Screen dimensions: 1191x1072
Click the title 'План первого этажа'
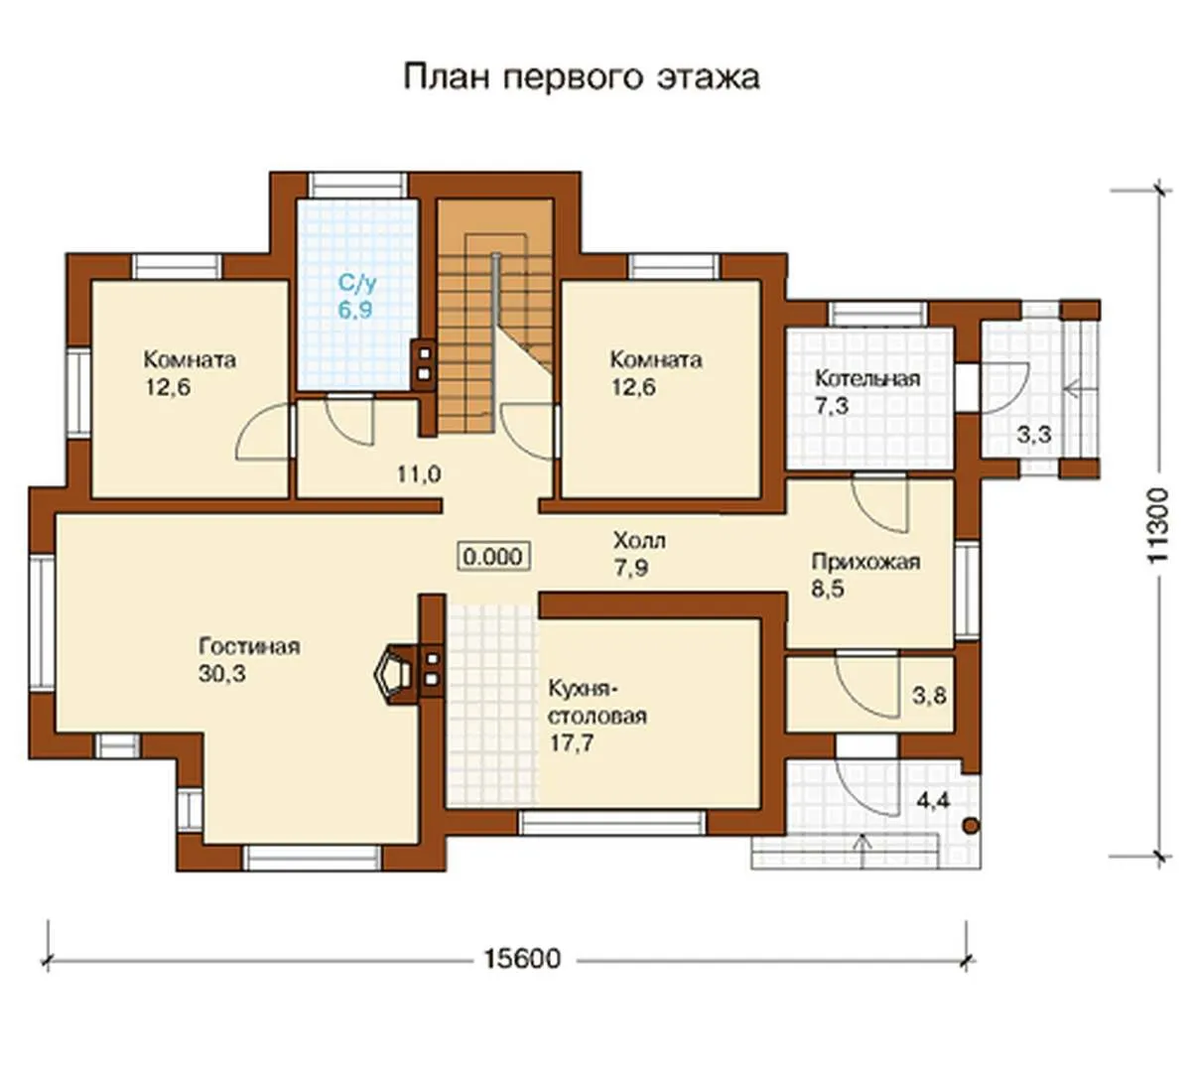point(582,78)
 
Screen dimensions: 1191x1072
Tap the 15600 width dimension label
point(522,959)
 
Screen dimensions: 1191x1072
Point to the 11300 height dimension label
point(1158,526)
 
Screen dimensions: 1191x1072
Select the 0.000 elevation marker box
point(493,557)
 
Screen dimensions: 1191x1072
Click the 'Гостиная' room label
point(249,646)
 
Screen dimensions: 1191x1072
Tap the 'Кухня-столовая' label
point(597,703)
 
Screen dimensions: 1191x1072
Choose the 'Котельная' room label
point(867,378)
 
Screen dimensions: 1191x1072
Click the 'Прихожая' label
point(866,562)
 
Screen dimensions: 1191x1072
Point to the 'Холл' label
point(639,541)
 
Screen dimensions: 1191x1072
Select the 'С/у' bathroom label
point(357,284)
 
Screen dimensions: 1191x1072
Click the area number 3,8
point(929,696)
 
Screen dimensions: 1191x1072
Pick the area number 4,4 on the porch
point(933,801)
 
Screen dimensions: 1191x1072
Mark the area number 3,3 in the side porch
point(1034,435)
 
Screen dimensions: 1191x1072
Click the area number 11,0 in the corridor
point(419,474)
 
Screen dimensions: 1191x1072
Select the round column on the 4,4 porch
point(971,826)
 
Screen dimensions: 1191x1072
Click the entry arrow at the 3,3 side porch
point(1080,390)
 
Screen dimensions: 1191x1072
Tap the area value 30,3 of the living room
point(222,674)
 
